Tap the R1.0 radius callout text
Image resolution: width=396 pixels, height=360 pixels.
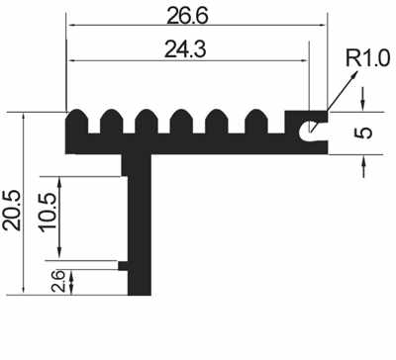[x=367, y=60]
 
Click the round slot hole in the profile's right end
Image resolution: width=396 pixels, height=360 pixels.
[x=314, y=128]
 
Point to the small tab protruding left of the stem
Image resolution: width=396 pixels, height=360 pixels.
[x=123, y=265]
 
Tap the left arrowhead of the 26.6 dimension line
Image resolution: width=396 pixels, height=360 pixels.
[x=70, y=27]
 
